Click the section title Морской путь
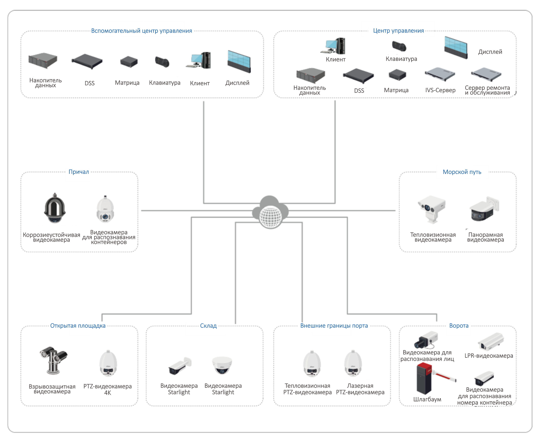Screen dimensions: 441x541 462,172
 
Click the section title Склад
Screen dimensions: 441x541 208,326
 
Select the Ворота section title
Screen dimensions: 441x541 459,326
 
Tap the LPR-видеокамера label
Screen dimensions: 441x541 488,356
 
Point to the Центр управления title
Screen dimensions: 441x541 398,31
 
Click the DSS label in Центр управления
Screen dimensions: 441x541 359,91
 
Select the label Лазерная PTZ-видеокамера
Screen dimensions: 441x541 360,389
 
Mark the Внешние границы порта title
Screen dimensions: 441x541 334,326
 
